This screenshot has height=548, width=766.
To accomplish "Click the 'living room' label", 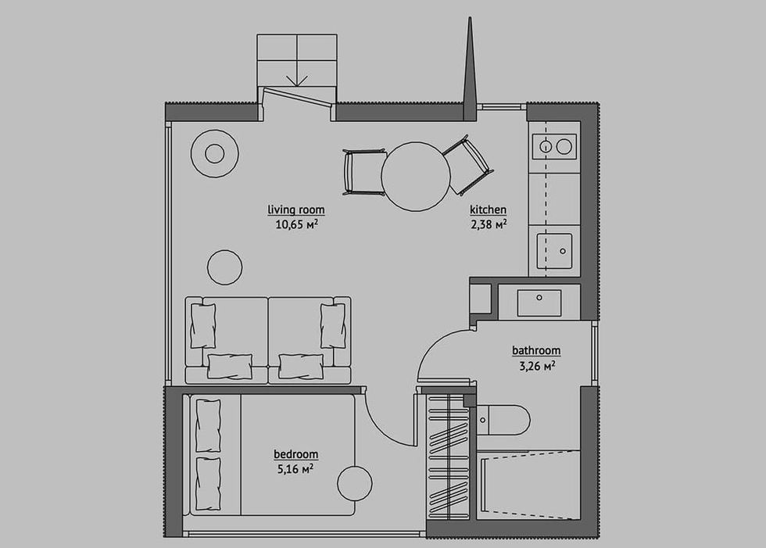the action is coord(296,210).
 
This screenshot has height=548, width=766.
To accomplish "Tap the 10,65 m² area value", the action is coord(296,224).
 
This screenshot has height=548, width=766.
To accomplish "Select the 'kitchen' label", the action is coord(488,210).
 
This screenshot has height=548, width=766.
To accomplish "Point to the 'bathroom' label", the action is coord(536,350).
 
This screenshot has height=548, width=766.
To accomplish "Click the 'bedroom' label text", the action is coord(295,454).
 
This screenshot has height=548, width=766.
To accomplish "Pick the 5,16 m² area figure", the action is coord(295,469).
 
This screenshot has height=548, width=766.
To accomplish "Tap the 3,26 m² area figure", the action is coord(537,366).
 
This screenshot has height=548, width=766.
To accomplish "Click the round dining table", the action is coord(416,177).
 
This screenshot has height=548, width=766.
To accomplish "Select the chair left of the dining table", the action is coord(364,173).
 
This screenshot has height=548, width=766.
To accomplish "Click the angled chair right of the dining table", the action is coord(467,165).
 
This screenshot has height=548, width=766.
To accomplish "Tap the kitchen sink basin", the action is coord(554,251).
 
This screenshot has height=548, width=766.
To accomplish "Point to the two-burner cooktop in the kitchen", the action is coord(554,146).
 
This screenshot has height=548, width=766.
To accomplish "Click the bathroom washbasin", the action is coord(539,303).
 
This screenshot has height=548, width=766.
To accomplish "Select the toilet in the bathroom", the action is coord(503,420).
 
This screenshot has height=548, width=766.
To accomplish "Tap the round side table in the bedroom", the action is coord(355,484).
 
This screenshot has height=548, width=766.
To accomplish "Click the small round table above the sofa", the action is coord(225,267).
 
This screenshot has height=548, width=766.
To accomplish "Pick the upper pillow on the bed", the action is coord(208,425).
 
